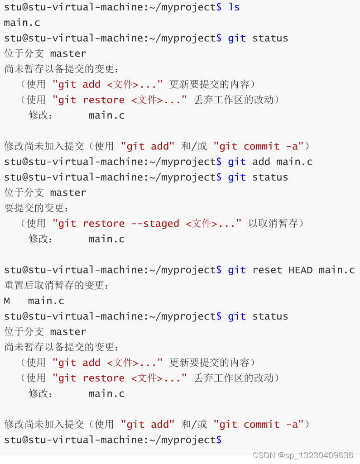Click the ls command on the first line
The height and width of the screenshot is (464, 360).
point(234,7)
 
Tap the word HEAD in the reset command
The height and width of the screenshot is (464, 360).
point(300,270)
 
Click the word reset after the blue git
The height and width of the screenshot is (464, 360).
point(267,270)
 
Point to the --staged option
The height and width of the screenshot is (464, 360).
point(155,224)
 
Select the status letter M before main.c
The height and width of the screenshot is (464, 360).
point(7,301)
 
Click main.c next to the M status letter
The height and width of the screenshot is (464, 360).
point(46,301)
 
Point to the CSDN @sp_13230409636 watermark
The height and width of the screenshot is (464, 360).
point(302,455)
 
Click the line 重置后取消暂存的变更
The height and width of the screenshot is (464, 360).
point(57,286)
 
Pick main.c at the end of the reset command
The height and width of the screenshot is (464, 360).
point(336,270)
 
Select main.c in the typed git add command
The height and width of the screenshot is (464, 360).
point(294,162)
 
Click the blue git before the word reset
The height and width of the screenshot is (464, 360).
point(237,270)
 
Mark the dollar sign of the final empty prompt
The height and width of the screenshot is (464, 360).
point(219,440)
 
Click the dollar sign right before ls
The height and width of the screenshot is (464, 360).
point(219,7)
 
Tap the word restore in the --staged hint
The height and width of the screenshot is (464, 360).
point(104,224)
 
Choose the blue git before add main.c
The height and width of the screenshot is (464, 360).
point(237,162)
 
